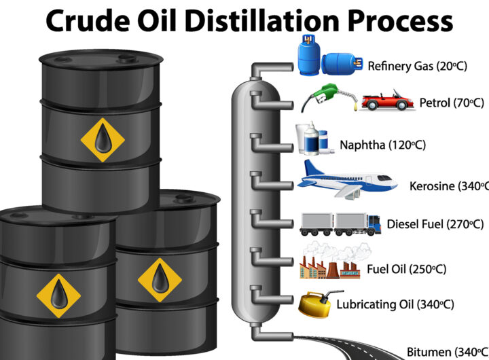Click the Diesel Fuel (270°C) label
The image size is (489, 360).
pos(435,224)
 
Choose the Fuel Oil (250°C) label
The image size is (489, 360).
pos(406,268)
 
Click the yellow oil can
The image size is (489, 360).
pos(316,303)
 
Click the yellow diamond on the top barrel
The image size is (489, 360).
pos(103,140)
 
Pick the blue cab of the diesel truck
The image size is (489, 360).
pos(374,222)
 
